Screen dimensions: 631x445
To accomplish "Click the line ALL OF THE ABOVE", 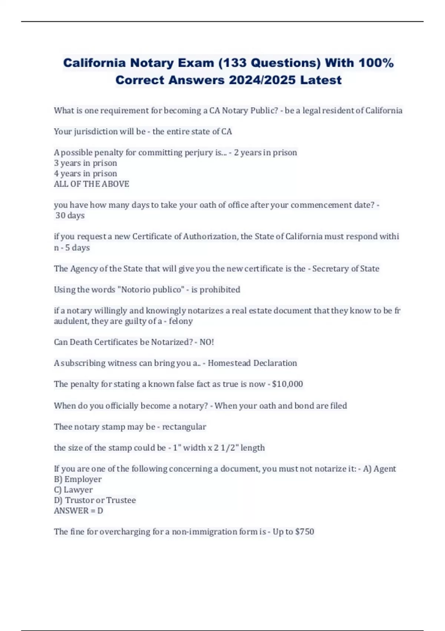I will (x=92, y=184).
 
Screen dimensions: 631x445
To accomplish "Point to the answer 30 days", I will (x=70, y=215).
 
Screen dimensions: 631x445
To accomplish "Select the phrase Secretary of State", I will (x=346, y=268).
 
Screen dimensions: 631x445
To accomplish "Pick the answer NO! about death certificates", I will (x=207, y=342).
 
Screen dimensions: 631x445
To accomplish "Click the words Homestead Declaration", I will (x=252, y=363).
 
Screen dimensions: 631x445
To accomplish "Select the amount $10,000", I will (x=287, y=384).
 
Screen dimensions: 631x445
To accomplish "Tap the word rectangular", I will (x=184, y=426).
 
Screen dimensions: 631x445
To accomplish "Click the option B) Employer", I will (x=78, y=479).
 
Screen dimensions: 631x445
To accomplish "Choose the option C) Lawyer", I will (x=73, y=490).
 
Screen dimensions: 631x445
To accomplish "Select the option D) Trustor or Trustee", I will (x=95, y=500).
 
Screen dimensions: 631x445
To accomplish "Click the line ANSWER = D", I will (x=79, y=510).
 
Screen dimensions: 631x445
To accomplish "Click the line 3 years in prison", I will (x=85, y=163).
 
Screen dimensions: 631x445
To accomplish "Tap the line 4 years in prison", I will (x=85, y=173).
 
